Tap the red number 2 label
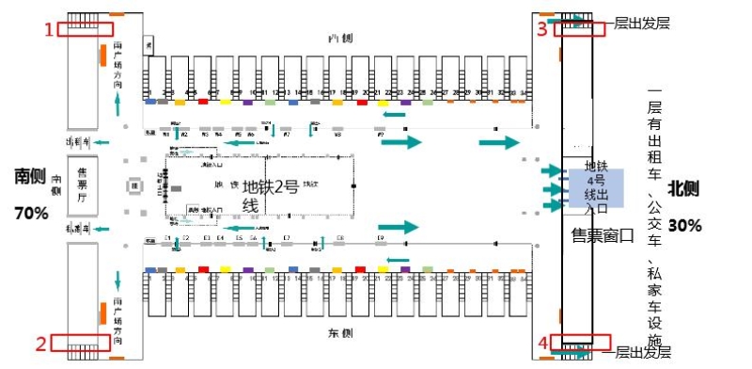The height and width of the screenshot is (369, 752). (x=40, y=344)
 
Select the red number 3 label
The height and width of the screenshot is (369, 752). (x=541, y=29)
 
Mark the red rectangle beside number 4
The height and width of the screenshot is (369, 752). (x=578, y=343)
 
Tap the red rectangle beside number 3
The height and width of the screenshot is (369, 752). (x=578, y=29)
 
